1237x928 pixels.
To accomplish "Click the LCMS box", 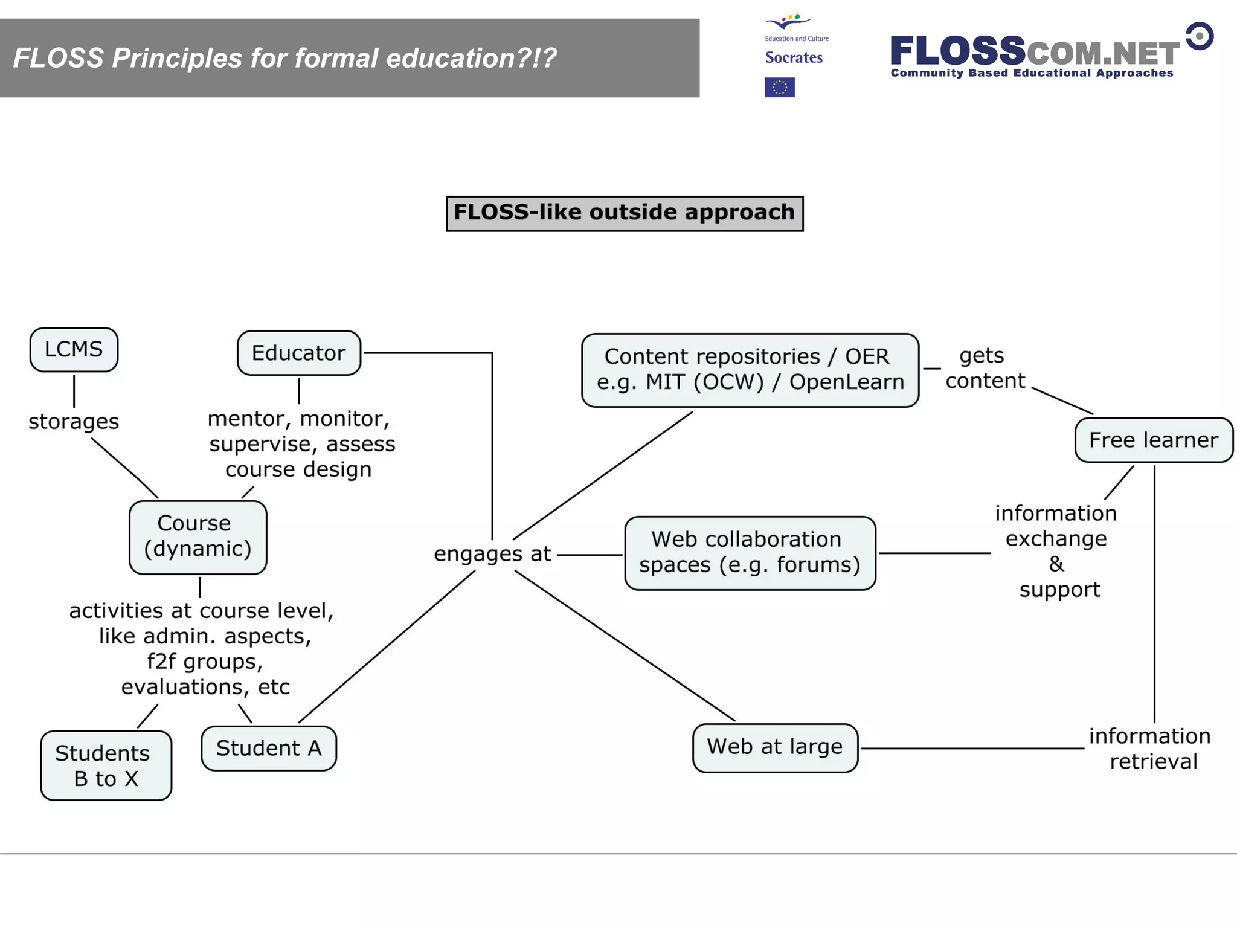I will pyautogui.click(x=74, y=350).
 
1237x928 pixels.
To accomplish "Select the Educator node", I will pyautogui.click(x=298, y=353).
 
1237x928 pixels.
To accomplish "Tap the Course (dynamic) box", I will pyautogui.click(x=198, y=536).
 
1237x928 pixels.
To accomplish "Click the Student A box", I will pyautogui.click(x=269, y=749).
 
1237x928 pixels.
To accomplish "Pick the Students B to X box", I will pyautogui.click(x=106, y=765).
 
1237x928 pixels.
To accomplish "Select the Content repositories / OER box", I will pyautogui.click(x=750, y=370).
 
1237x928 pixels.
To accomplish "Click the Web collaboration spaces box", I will pyautogui.click(x=750, y=553).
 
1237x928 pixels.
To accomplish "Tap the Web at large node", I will pyautogui.click(x=775, y=747).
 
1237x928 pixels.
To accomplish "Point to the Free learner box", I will pyautogui.click(x=1153, y=440).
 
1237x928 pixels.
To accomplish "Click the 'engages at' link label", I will pyautogui.click(x=492, y=554).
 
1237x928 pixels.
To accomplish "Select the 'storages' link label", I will pyautogui.click(x=74, y=422).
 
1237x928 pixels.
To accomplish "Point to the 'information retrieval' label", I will pyautogui.click(x=1151, y=749).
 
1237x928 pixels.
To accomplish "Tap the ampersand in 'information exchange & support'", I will pyautogui.click(x=1056, y=564).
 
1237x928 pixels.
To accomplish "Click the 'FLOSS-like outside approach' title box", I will pyautogui.click(x=625, y=213).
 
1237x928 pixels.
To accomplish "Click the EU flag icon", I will pyautogui.click(x=780, y=88).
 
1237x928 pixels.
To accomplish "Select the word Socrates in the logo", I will pyautogui.click(x=794, y=58).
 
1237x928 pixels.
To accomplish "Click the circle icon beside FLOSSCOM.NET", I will pyautogui.click(x=1199, y=36).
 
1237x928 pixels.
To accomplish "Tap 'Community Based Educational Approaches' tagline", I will pyautogui.click(x=1032, y=73).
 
